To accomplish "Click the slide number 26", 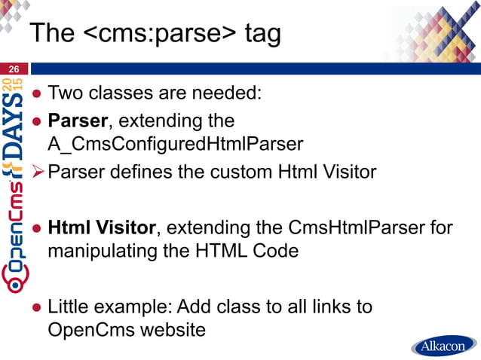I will [x=14, y=69].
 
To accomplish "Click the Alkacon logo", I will [x=444, y=346].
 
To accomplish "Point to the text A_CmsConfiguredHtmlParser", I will [x=176, y=145].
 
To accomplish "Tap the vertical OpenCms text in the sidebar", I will [x=16, y=233].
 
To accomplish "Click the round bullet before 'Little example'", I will [x=37, y=307].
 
